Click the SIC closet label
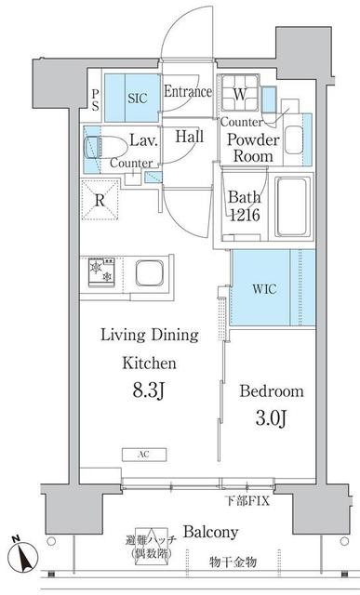pyautogui.click(x=137, y=99)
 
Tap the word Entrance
pyautogui.click(x=188, y=91)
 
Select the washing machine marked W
pyautogui.click(x=239, y=93)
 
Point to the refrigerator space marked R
pyautogui.click(x=100, y=201)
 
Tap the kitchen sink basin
pyautogui.click(x=150, y=273)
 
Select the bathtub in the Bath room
pyautogui.click(x=292, y=206)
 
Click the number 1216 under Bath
pyautogui.click(x=244, y=215)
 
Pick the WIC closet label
pyautogui.click(x=265, y=289)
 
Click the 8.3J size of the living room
pyautogui.click(x=148, y=390)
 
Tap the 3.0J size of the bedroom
pyautogui.click(x=271, y=418)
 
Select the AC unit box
pyautogui.click(x=144, y=455)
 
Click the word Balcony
pyautogui.click(x=211, y=532)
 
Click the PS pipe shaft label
pyautogui.click(x=95, y=100)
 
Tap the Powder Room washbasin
pyautogui.click(x=294, y=139)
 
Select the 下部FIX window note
pyautogui.click(x=248, y=501)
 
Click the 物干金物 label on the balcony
pyautogui.click(x=233, y=562)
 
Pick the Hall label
pyautogui.click(x=189, y=137)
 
